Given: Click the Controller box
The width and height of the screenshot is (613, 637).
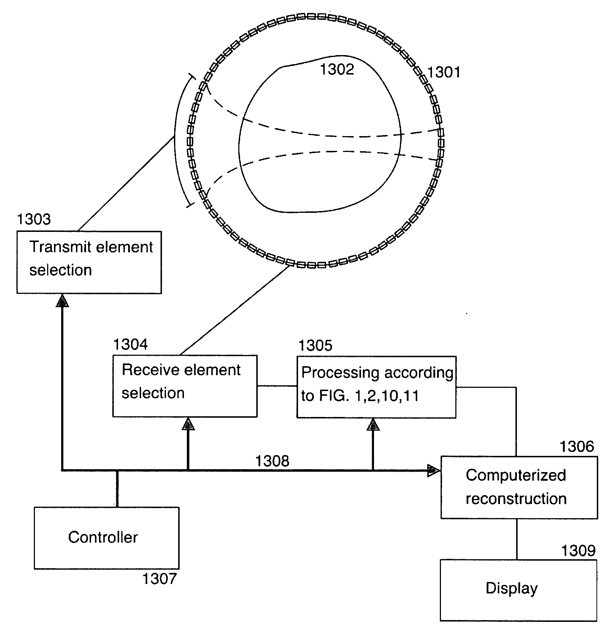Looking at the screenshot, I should [107, 538].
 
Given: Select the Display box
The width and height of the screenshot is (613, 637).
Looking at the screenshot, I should [518, 590].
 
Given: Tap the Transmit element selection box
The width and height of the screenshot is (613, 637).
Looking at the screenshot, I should [89, 262].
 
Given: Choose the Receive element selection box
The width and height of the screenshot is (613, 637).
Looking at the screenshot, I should [185, 386].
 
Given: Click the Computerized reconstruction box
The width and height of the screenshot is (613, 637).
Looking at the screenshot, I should [519, 487].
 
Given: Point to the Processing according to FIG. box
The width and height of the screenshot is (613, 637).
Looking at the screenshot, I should [376, 387].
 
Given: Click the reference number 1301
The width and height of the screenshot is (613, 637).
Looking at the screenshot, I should [443, 72].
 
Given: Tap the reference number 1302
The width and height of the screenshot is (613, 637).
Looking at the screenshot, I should [337, 69].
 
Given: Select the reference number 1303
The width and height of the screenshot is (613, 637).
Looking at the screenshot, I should [34, 219].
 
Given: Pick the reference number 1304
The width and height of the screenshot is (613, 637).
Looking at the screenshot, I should [130, 345].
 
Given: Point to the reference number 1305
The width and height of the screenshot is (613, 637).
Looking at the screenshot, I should [316, 345].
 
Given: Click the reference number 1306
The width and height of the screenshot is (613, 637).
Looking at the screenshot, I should [577, 447].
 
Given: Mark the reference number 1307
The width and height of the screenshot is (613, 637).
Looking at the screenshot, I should [159, 579].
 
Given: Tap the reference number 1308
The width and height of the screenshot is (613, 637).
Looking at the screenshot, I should [272, 461].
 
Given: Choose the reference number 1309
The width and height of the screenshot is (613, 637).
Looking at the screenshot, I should [578, 551].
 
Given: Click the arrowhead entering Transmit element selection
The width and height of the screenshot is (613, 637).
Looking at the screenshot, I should [62, 301].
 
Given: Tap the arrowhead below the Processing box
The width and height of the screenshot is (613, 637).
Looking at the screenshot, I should [373, 425].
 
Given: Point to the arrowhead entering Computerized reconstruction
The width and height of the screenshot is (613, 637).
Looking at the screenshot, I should [433, 471].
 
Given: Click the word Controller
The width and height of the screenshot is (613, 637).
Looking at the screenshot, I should [103, 538].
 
